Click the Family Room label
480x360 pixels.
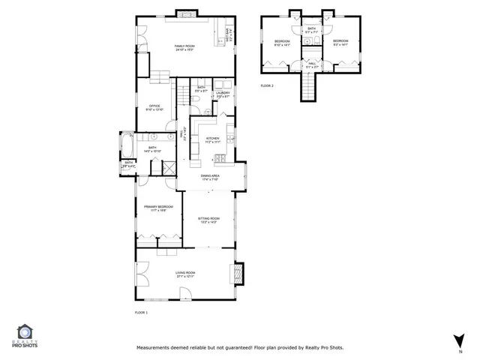point(184,48)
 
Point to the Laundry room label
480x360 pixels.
point(223,94)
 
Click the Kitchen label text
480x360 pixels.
point(211,140)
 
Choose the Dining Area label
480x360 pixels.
point(209,178)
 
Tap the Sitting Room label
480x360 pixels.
point(208,220)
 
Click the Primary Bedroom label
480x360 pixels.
point(161,208)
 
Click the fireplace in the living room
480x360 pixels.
point(239,272)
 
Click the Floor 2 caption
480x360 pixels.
point(267,86)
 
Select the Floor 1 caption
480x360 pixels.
point(141,312)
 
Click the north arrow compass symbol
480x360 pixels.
point(457,341)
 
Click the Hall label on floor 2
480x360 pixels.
point(312,66)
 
